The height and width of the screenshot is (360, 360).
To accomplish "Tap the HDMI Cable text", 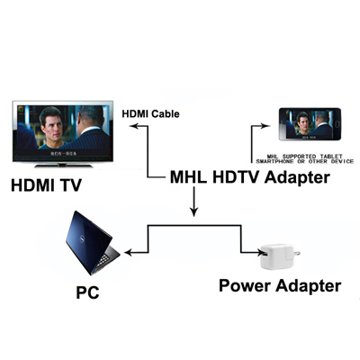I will point(149,113).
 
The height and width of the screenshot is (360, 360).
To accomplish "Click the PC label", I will point(87,292).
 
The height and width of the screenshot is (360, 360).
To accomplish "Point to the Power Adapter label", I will point(280,286).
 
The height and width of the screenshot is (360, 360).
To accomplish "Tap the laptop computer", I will point(85,245).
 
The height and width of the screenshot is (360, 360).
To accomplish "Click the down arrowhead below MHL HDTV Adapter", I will point(192,213).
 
